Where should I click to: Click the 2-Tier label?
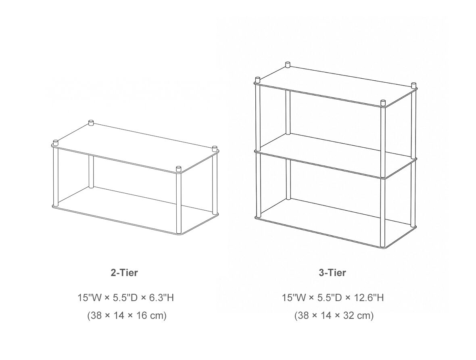tap(124, 272)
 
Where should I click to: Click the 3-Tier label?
tap(332, 272)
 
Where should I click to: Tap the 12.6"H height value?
tap(369, 297)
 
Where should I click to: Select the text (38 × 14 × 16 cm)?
tap(127, 316)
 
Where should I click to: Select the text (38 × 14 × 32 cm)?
tap(334, 316)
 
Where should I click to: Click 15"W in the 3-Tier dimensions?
tap(294, 297)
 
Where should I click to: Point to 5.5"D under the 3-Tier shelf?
tap(330, 297)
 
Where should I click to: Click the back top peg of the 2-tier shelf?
tap(91, 122)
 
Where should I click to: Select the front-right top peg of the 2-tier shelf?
tap(178, 168)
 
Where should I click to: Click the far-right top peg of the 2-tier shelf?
tap(215, 148)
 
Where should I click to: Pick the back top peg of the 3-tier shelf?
tap(288, 65)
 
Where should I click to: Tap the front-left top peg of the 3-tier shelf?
tap(258, 80)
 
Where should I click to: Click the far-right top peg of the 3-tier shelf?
tap(413, 85)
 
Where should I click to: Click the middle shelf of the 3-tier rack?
tap(336, 155)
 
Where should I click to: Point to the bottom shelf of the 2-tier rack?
tap(136, 210)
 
